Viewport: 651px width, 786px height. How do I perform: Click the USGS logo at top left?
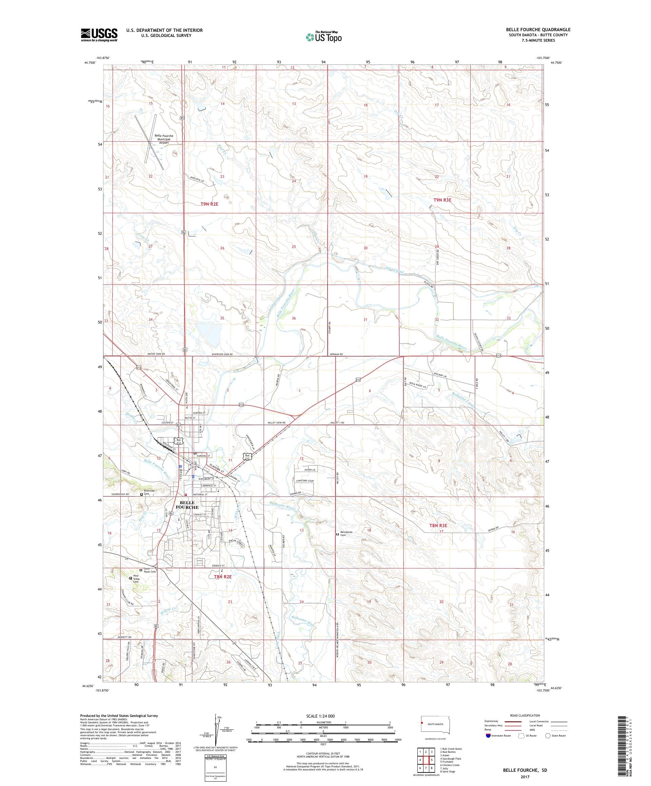click(99, 35)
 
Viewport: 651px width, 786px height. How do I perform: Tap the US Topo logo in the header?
click(324, 37)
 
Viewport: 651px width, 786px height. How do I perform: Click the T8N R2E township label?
click(222, 577)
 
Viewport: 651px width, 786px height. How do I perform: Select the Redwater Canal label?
click(464, 400)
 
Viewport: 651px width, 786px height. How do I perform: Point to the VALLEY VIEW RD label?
click(276, 422)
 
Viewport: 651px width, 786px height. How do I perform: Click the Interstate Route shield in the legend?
click(488, 735)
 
